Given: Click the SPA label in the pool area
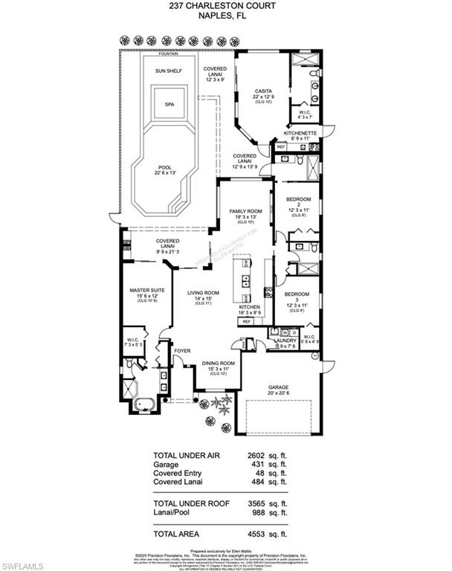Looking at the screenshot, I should coord(169,105).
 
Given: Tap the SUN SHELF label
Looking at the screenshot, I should coord(168,71).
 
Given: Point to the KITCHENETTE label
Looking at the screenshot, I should coord(301,133).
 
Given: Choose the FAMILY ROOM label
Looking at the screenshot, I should coord(246,211).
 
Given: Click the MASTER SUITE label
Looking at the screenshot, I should coord(145,291).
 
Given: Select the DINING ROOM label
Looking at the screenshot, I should coord(218,364).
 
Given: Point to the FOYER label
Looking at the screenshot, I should coord(183,350).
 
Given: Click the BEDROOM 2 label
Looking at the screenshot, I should coord(298,203).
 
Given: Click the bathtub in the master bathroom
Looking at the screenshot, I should coord(145,404).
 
